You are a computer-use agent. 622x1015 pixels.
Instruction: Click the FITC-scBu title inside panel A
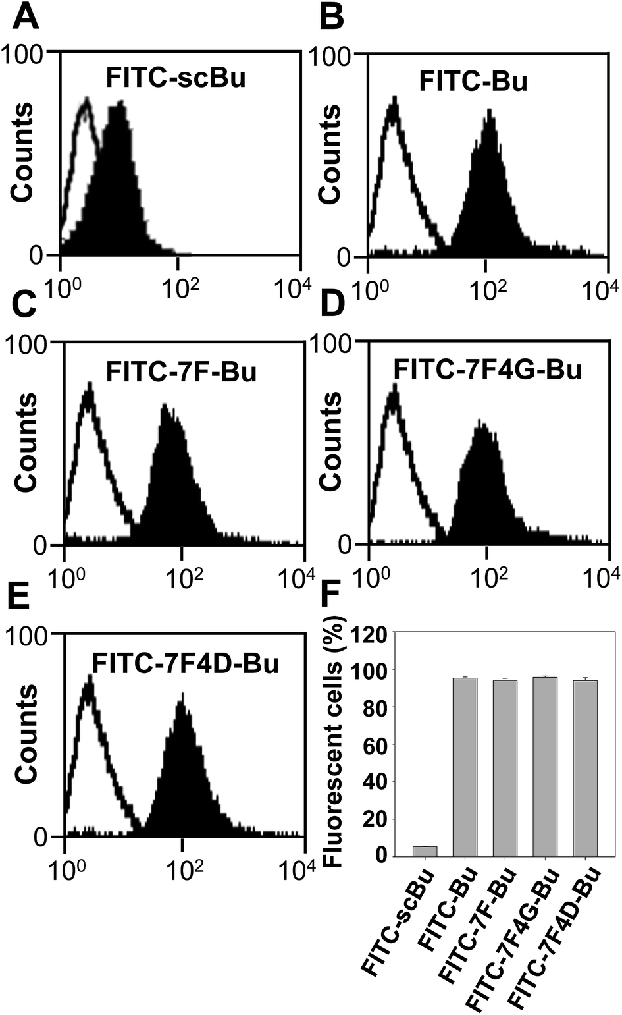pyautogui.click(x=176, y=79)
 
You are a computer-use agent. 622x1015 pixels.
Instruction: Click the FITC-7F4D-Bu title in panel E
pyautogui.click(x=186, y=663)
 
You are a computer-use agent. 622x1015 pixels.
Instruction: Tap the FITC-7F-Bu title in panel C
pyautogui.click(x=181, y=371)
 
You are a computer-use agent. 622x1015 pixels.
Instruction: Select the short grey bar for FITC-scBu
pyautogui.click(x=425, y=851)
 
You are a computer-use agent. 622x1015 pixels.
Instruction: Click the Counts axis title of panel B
pyautogui.click(x=329, y=151)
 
